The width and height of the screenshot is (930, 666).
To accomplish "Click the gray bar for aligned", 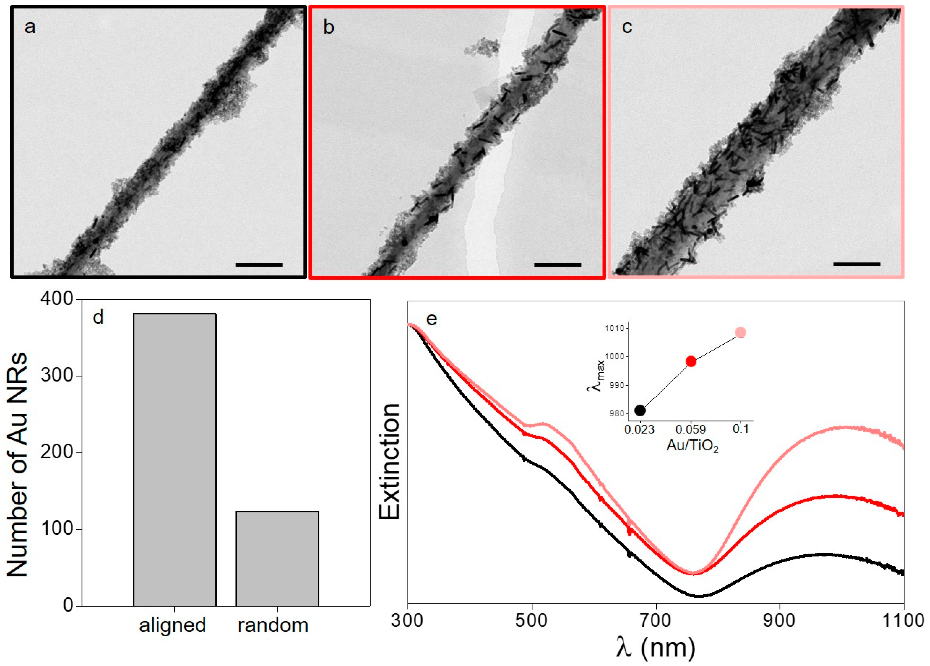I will point(175,459).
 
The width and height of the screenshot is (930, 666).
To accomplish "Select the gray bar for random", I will point(277,558).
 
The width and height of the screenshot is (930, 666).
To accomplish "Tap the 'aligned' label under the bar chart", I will point(172,625).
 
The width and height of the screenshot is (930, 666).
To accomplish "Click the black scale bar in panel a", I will point(259,265).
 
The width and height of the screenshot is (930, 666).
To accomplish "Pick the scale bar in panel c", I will point(856,264).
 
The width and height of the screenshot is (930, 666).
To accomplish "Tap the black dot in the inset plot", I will point(640,410).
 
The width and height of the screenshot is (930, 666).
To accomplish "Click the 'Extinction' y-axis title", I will point(390,461).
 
